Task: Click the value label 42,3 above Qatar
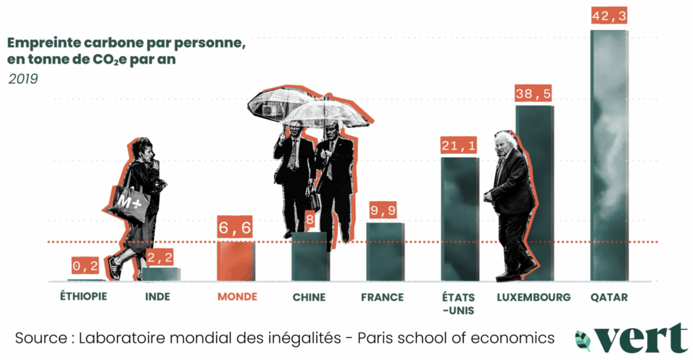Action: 609,16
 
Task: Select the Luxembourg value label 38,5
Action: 534,93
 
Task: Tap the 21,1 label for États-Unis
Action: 460,145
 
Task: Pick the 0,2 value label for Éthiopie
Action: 86,267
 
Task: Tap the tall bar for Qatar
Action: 608,156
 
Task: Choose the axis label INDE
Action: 158,297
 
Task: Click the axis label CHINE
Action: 309,297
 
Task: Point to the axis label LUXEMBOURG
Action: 534,297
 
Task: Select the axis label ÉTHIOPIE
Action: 84,297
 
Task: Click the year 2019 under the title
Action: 23,79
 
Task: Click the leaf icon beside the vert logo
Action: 583,339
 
